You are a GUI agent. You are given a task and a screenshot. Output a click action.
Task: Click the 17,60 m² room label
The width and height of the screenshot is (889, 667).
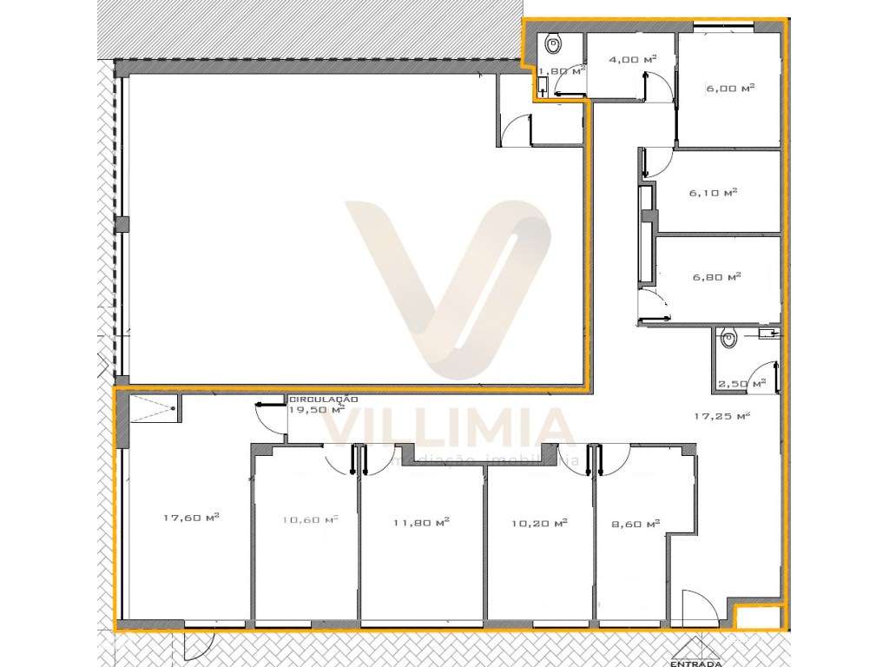(x=190, y=518)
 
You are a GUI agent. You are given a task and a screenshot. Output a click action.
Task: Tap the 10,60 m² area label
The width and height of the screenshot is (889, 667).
(x=309, y=520)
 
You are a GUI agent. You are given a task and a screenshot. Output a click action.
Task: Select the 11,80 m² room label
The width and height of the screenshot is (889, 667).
(x=420, y=522)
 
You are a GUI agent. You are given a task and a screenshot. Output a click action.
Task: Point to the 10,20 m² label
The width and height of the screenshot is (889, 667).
(x=539, y=523)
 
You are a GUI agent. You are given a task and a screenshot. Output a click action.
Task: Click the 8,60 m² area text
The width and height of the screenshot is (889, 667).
(x=635, y=524)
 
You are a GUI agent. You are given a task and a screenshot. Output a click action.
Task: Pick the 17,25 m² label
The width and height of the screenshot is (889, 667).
(x=721, y=416)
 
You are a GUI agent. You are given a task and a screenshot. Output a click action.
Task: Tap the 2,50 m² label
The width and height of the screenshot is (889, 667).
(x=741, y=383)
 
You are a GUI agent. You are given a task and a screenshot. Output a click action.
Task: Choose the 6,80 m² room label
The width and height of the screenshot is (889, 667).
(x=715, y=277)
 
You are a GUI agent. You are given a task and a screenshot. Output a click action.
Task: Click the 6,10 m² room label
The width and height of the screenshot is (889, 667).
(x=713, y=193)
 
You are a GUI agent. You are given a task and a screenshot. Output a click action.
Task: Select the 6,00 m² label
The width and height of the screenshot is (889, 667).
(x=729, y=88)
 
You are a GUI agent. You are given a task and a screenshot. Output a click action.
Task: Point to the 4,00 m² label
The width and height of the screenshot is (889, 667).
(x=632, y=59)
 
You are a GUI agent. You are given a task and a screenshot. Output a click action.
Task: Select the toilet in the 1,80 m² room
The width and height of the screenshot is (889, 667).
(x=554, y=43)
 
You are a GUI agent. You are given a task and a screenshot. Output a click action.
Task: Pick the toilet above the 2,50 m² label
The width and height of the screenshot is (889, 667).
(x=729, y=337)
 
